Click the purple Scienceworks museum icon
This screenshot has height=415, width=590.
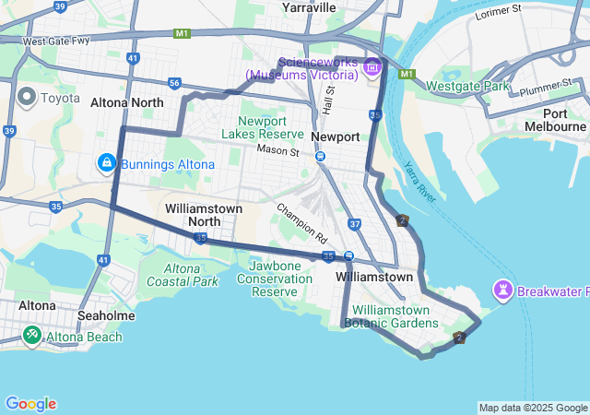372,66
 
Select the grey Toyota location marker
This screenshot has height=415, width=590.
25,96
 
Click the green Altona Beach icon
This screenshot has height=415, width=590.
31,337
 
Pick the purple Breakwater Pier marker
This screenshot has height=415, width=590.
502,291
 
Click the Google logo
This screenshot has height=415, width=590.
30,404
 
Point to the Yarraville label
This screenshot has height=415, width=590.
309,7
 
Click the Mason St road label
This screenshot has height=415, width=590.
278,149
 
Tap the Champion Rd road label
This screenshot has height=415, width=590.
301,219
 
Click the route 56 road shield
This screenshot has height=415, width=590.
174,83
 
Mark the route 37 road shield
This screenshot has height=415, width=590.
355,224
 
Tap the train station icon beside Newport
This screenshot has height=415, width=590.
320,156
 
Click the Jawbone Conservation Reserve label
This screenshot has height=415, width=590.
274,279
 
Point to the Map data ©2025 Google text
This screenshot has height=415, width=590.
533,408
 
